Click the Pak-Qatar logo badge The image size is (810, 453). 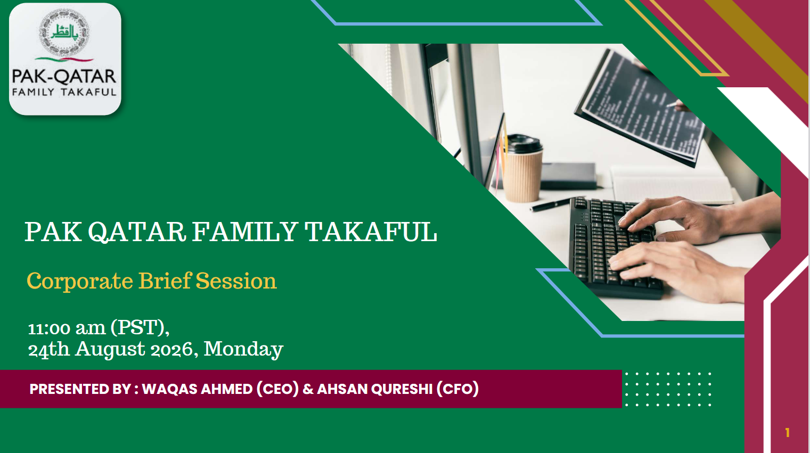(65, 59)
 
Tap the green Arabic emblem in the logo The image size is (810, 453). (64, 32)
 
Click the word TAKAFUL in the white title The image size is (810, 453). (371, 232)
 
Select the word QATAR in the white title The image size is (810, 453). (137, 232)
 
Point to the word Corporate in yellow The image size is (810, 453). (80, 281)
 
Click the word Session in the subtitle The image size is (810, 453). (236, 281)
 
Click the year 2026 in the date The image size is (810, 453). (172, 350)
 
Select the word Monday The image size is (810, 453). (243, 350)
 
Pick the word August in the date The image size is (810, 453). (110, 350)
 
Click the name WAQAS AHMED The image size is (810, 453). (197, 389)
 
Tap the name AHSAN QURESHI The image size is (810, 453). (374, 389)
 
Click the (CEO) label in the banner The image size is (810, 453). (277, 389)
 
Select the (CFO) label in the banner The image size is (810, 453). (457, 389)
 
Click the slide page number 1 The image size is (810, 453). (787, 432)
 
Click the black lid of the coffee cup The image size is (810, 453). (523, 144)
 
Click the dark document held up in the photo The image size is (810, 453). (640, 108)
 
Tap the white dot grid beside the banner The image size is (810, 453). (668, 389)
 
